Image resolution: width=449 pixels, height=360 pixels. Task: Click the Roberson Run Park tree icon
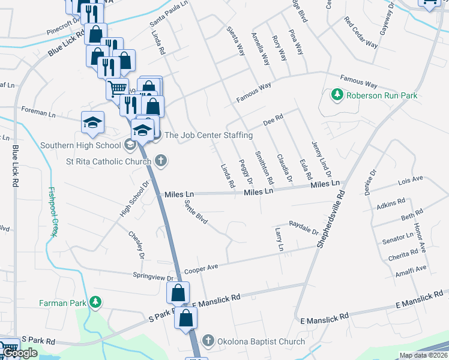(337, 95)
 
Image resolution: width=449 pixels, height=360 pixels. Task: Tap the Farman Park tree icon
(94, 302)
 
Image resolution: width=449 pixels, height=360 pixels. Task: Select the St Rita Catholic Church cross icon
(160, 160)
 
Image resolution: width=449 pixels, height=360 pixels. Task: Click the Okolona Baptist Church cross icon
(208, 341)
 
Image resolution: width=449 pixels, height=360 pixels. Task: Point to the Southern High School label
(80, 145)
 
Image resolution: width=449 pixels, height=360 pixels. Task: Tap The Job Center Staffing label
(204, 135)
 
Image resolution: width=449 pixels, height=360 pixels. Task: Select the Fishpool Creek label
(53, 210)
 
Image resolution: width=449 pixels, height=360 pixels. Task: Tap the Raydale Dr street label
(303, 229)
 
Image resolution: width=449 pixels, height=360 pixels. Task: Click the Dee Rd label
(273, 121)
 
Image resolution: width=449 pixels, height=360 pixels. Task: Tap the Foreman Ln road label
(38, 112)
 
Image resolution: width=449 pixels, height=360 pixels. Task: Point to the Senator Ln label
(397, 239)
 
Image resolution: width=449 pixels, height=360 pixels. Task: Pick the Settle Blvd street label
(196, 213)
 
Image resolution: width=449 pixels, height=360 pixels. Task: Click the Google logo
(20, 353)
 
